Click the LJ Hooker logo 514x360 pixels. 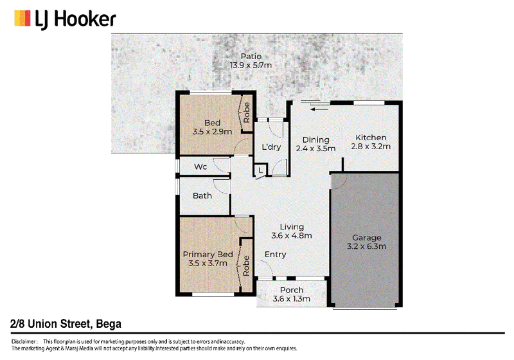(x=65, y=19)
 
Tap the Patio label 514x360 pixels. (x=251, y=57)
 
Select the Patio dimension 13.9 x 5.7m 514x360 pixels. (x=251, y=65)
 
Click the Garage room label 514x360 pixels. (x=367, y=238)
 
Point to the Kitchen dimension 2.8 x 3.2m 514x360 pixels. (x=371, y=147)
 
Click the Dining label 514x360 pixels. (x=315, y=140)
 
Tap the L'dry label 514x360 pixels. (x=271, y=147)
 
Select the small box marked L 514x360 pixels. (x=261, y=170)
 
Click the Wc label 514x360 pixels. (x=200, y=166)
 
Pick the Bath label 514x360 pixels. (x=202, y=195)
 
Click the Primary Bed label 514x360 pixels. (x=208, y=255)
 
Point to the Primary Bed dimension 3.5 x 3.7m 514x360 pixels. (x=208, y=264)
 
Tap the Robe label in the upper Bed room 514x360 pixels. (x=247, y=113)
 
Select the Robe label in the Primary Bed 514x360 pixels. (x=246, y=266)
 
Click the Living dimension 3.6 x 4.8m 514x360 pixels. (x=292, y=236)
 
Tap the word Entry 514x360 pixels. (x=276, y=255)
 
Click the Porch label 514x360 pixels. (x=292, y=290)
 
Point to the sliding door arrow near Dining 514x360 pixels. (x=319, y=109)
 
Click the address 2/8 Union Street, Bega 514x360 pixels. (x=66, y=324)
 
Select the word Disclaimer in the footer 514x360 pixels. (x=24, y=341)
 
